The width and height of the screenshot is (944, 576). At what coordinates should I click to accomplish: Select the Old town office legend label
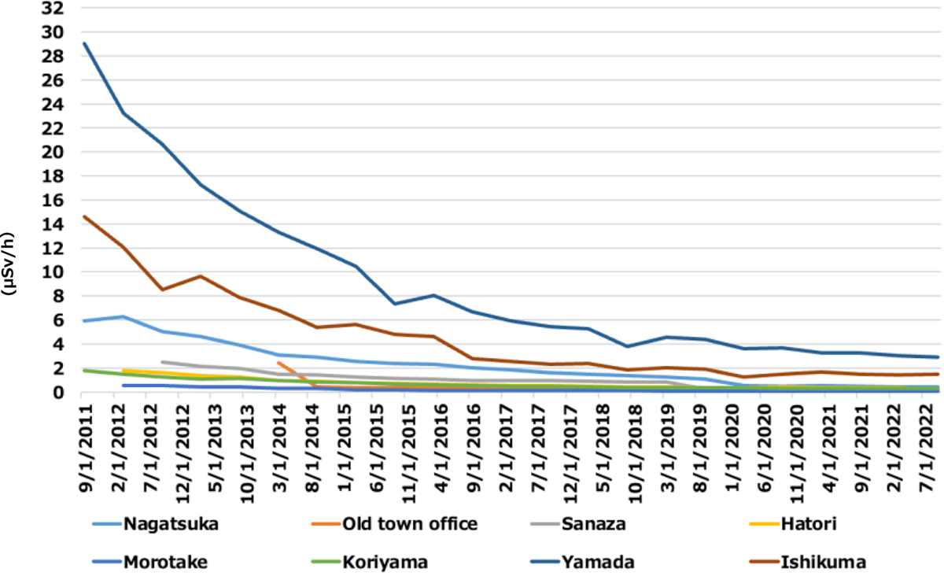click(x=410, y=524)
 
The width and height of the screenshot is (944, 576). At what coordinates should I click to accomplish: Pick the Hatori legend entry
click(x=807, y=524)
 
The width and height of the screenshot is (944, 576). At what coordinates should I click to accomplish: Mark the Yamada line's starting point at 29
click(x=84, y=43)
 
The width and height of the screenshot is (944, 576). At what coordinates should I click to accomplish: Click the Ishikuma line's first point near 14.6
click(x=84, y=216)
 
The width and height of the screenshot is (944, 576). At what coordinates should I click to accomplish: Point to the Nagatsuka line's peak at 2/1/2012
click(x=122, y=316)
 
